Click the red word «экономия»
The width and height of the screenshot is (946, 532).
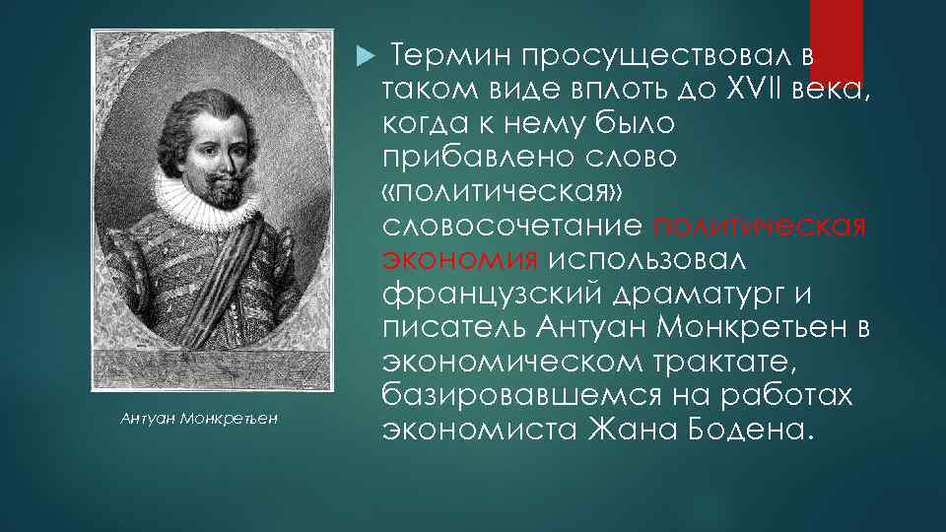click(x=459, y=260)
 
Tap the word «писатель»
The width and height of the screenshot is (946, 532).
click(x=454, y=328)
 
